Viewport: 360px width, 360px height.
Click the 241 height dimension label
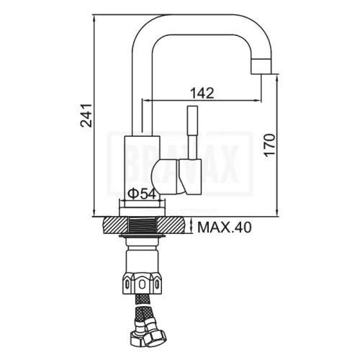tap(86, 115)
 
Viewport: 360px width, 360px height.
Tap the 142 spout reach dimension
tap(202, 93)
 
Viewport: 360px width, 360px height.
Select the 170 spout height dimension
tap(269, 145)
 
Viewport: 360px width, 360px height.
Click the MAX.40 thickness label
tap(225, 227)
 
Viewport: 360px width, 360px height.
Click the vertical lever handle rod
tap(193, 132)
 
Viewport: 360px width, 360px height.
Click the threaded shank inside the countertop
tap(143, 225)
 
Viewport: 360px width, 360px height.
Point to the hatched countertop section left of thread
tap(115, 225)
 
